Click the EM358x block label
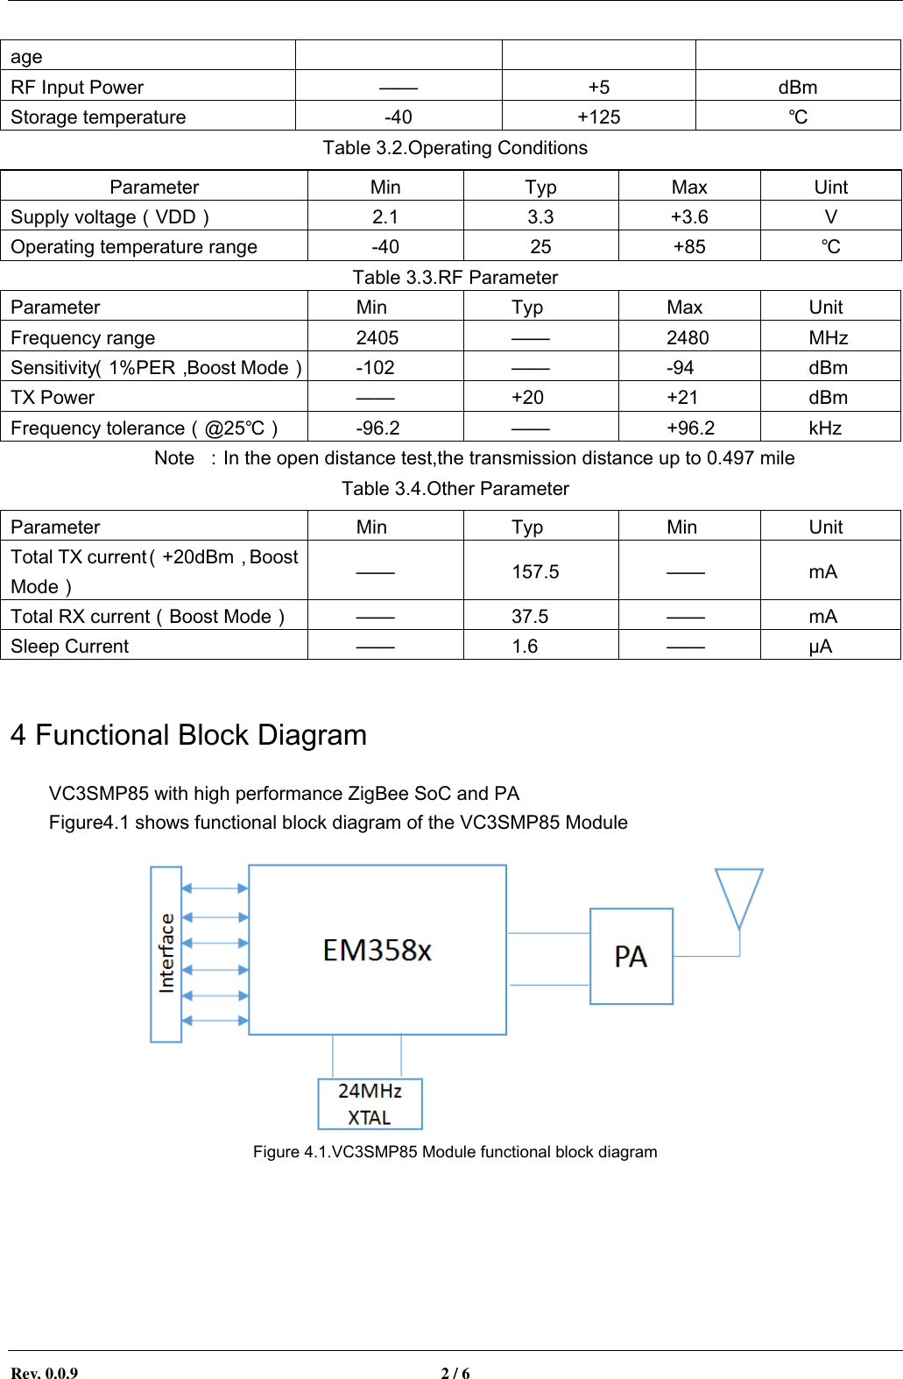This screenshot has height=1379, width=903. pyautogui.click(x=377, y=951)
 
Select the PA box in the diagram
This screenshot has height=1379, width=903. pyautogui.click(x=631, y=956)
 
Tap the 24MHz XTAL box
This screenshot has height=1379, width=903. pyautogui.click(x=370, y=1104)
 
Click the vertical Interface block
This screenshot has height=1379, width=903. pyautogui.click(x=166, y=953)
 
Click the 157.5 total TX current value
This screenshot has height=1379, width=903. pyautogui.click(x=535, y=572)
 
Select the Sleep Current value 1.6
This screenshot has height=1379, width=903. pyautogui.click(x=525, y=647)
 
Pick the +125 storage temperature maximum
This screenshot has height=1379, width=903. pyautogui.click(x=599, y=117)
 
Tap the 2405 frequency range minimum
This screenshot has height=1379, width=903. pyautogui.click(x=377, y=338)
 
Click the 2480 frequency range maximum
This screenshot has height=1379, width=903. pyautogui.click(x=688, y=338)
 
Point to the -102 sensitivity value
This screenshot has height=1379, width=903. pyautogui.click(x=375, y=368)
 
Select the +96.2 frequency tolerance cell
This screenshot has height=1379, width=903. pyautogui.click(x=690, y=428)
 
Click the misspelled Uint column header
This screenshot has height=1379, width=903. pyautogui.click(x=830, y=187)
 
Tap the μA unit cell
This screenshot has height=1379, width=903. pyautogui.click(x=821, y=647)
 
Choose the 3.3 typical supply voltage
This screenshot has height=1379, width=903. pyautogui.click(x=540, y=217)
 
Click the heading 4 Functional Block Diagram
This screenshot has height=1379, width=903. pyautogui.click(x=188, y=735)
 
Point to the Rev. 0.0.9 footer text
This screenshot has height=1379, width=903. pyautogui.click(x=44, y=1373)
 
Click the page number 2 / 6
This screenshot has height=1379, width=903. pyautogui.click(x=455, y=1373)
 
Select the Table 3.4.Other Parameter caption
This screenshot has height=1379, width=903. pyautogui.click(x=455, y=489)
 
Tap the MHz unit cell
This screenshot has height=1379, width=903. pyautogui.click(x=828, y=338)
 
